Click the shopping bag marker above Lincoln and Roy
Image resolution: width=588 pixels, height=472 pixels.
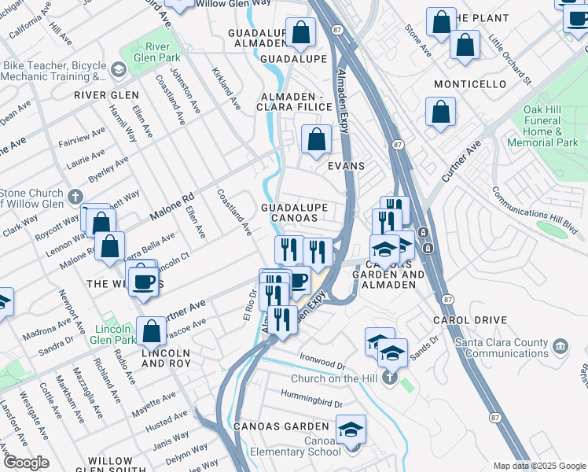tap(152, 332)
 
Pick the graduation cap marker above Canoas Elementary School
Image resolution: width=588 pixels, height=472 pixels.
tap(351, 430)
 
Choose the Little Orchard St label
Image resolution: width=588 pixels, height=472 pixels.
tap(509, 58)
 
